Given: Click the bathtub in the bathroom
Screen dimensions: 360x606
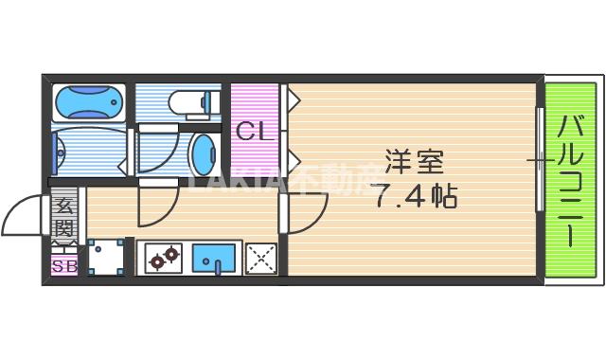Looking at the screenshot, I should tap(88, 101).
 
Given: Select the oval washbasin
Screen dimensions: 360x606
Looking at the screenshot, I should tap(205, 150).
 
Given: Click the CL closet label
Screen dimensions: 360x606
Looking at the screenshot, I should tap(254, 132).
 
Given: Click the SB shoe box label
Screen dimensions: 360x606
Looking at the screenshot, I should tap(63, 266).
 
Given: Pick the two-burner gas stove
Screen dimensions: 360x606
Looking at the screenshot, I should tap(163, 256).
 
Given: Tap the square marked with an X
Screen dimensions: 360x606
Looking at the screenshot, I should tap(259, 257).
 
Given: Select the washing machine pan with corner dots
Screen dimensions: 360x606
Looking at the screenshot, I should tap(105, 256).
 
